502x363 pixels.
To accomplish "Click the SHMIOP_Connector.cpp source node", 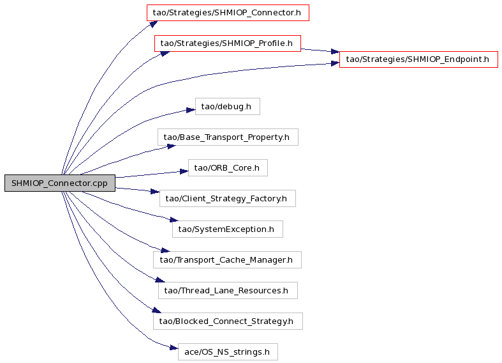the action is (60, 183).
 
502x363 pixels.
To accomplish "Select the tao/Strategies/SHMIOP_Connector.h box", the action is (228, 13).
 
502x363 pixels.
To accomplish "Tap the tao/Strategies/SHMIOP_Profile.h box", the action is (228, 43).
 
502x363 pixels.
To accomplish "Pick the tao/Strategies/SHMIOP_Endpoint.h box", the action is (418, 59).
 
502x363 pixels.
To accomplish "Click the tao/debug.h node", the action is (228, 107).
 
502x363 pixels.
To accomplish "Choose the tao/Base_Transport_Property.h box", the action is (228, 137).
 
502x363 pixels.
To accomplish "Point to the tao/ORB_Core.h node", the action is (228, 167).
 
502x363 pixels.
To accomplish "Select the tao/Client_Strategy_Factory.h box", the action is (228, 199).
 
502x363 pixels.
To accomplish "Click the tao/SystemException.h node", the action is (228, 229).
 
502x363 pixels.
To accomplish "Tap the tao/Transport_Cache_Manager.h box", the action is (228, 259).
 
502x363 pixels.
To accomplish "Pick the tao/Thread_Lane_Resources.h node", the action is (228, 291).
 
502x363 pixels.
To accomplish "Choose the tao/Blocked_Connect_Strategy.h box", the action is (228, 321).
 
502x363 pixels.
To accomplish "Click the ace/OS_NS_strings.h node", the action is (228, 351).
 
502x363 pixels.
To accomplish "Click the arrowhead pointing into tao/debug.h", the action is (191, 110).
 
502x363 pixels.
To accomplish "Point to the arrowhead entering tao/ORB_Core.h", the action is (184, 171).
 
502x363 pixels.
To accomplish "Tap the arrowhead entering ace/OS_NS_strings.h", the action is (173, 348).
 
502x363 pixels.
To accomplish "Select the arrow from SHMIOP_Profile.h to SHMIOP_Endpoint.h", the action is (320, 50).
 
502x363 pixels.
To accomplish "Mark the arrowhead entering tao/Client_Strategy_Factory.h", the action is (155, 192).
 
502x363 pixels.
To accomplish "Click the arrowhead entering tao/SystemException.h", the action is (174, 220).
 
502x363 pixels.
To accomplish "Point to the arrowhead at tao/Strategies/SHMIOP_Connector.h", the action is (153, 24).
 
